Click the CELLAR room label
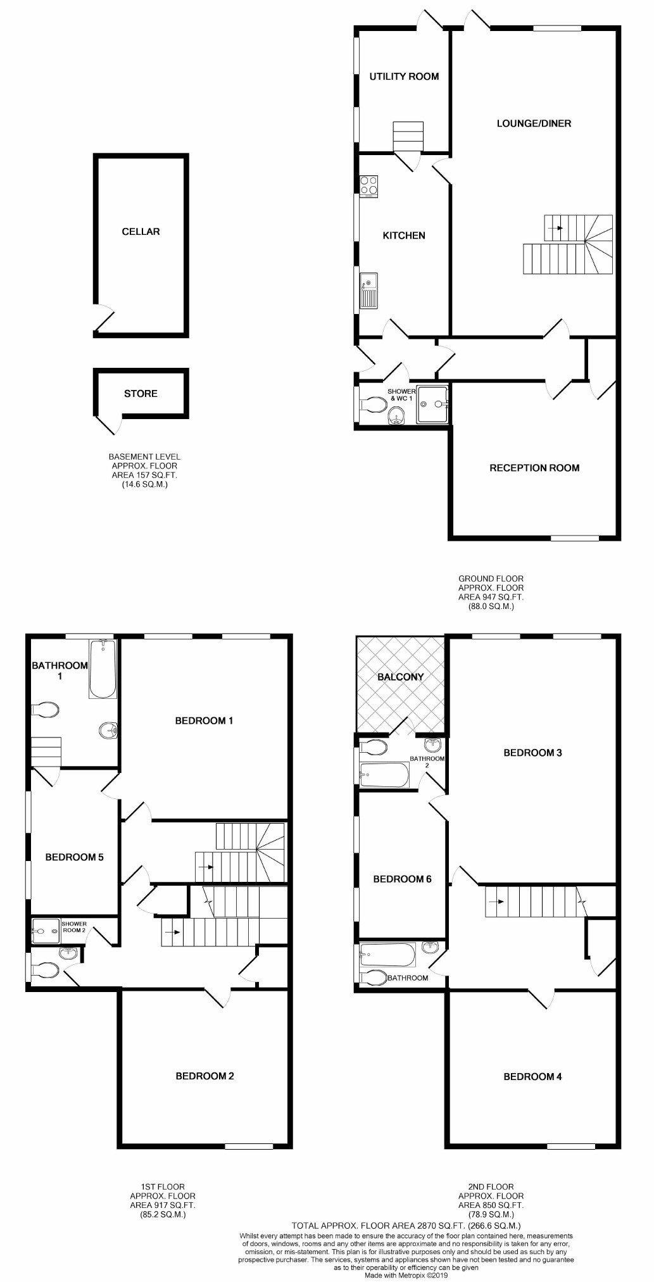[x=141, y=232]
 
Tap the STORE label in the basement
[x=141, y=394]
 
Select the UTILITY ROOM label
[x=404, y=77]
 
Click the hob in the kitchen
[x=368, y=186]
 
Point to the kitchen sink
[x=368, y=291]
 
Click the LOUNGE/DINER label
[x=534, y=123]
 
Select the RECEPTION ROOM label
[x=534, y=468]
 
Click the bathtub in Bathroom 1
[x=103, y=669]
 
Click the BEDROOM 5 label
[x=74, y=857]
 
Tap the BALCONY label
[x=400, y=677]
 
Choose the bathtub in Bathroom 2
[x=384, y=775]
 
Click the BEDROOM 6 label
[x=402, y=879]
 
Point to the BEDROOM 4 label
[x=532, y=1076]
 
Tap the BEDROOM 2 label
[x=204, y=1076]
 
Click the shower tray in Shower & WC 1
[x=432, y=404]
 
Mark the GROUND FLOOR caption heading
[x=491, y=579]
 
